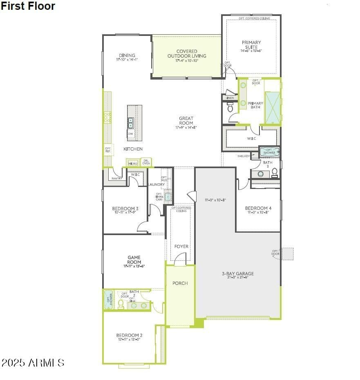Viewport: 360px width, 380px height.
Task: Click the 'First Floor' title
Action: pyautogui.click(x=28, y=6)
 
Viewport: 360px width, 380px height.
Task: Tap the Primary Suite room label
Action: pyautogui.click(x=251, y=45)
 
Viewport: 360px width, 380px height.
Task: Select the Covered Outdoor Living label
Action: pyautogui.click(x=187, y=54)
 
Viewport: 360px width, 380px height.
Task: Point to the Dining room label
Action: pyautogui.click(x=127, y=56)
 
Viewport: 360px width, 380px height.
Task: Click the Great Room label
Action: pyautogui.click(x=186, y=121)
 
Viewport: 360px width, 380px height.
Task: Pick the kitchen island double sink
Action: pyautogui.click(x=131, y=123)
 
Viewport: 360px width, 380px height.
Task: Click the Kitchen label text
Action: pyautogui.click(x=133, y=149)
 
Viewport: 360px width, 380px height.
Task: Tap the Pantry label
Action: pyautogui.click(x=117, y=178)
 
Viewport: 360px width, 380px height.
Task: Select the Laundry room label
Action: pyautogui.click(x=157, y=184)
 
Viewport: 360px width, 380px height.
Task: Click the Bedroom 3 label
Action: pyautogui.click(x=125, y=209)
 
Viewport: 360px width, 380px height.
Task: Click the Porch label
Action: pyautogui.click(x=180, y=283)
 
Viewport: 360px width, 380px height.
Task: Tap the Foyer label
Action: pyautogui.click(x=181, y=247)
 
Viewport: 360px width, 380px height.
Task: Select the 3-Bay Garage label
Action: pyautogui.click(x=238, y=273)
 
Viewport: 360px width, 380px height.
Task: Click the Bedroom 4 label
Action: pyautogui.click(x=258, y=208)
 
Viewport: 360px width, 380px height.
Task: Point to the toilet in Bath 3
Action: pyautogui.click(x=275, y=172)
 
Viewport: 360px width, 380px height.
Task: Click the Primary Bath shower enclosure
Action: pyautogui.click(x=273, y=108)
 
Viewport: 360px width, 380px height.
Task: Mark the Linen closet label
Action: pyautogui.click(x=230, y=98)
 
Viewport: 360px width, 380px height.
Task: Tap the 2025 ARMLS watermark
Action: pyautogui.click(x=33, y=362)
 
